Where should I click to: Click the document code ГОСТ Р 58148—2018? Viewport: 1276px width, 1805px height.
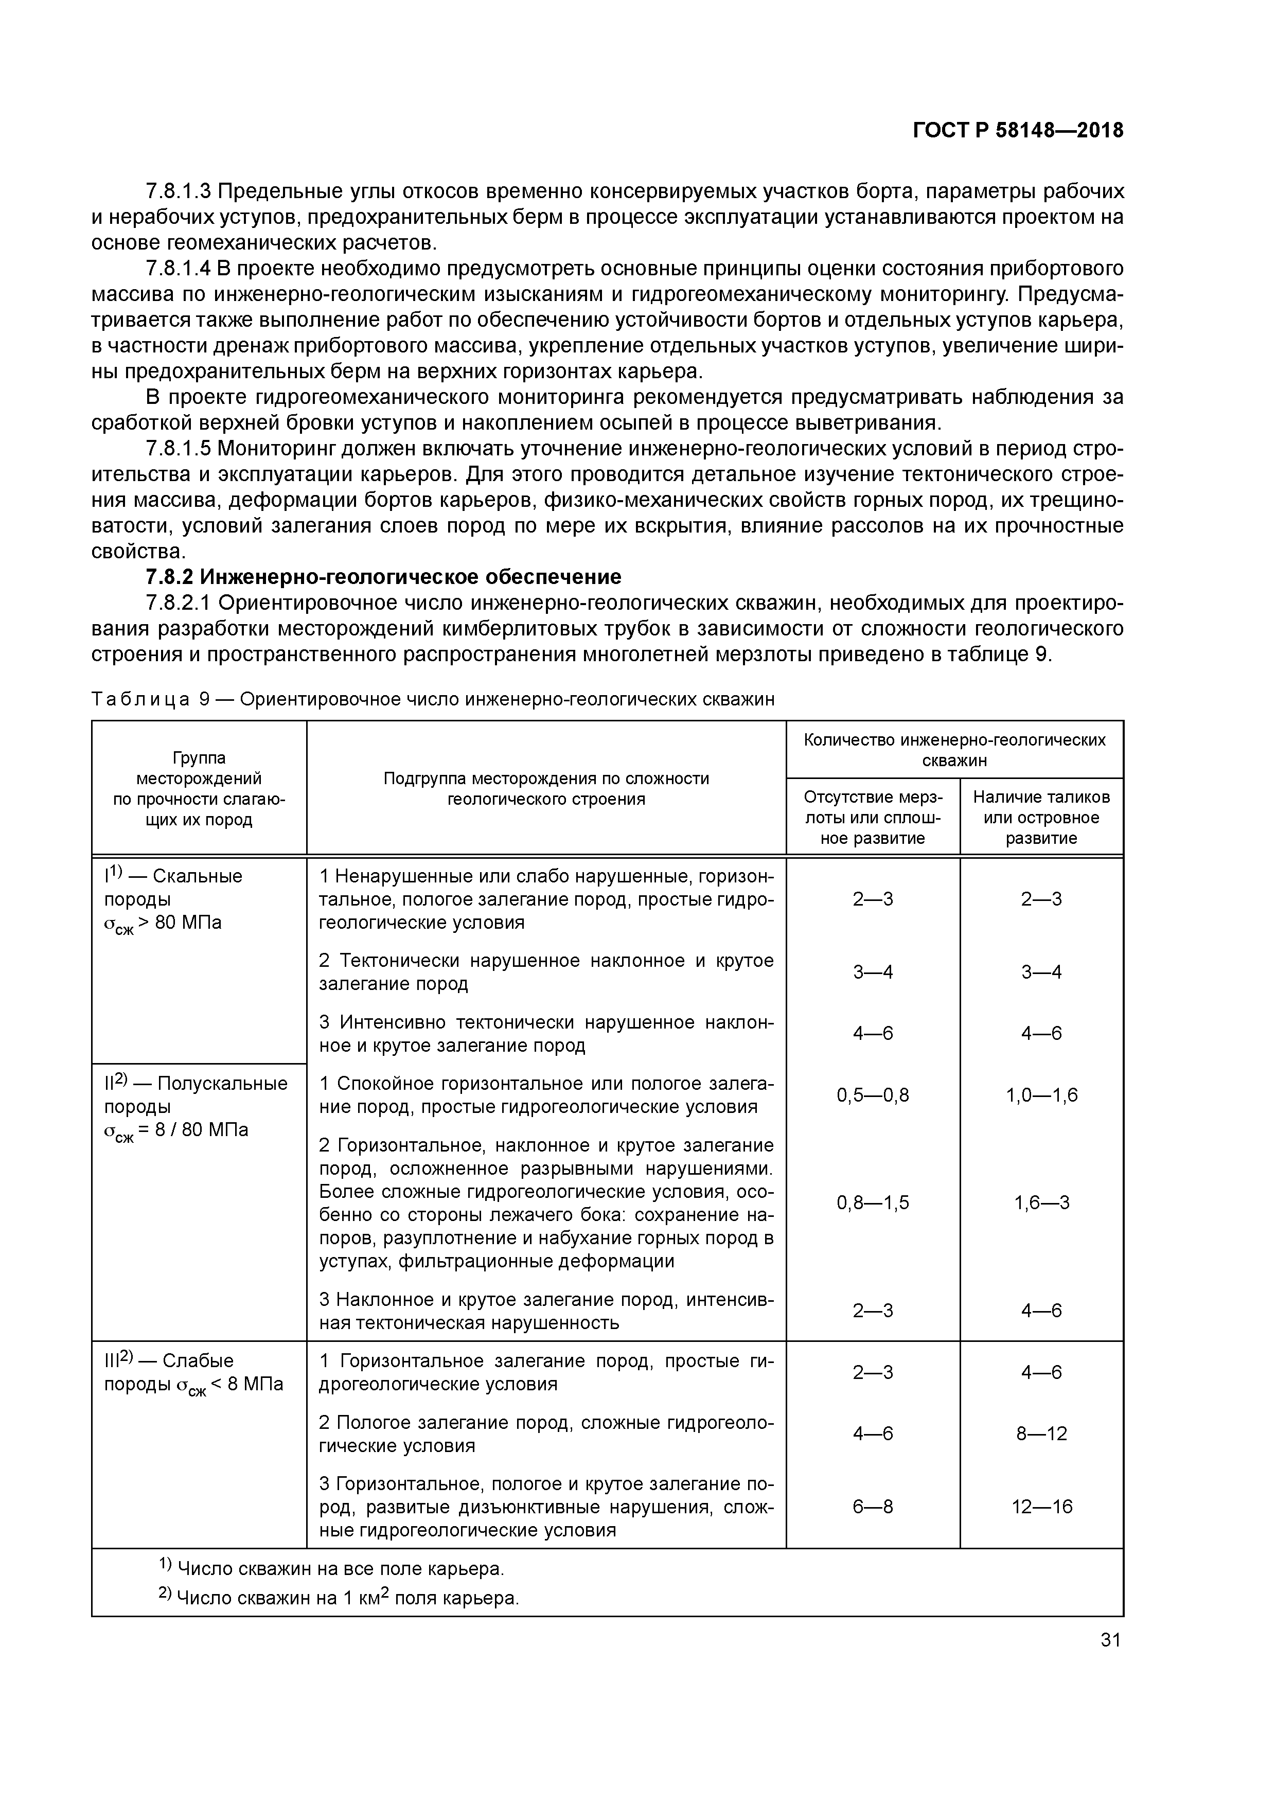pos(1018,131)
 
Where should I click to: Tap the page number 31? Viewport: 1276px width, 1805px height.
pos(1110,1640)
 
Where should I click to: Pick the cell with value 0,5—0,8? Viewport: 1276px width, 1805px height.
pos(873,1095)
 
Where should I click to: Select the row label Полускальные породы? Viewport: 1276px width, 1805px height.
pos(197,1095)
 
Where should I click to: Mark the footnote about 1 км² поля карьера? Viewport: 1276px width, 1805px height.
pos(339,1598)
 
